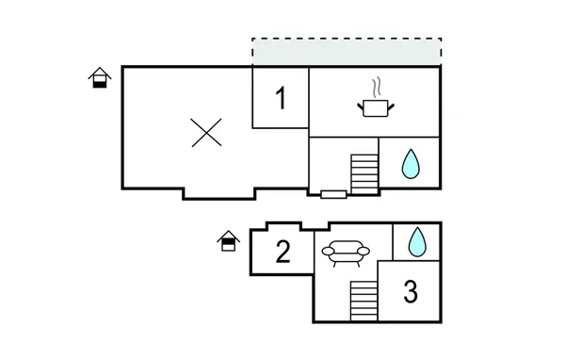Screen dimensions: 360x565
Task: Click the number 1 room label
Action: pos(281,98)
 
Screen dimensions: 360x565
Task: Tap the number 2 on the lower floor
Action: pos(282,253)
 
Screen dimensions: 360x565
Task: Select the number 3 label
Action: pos(410,293)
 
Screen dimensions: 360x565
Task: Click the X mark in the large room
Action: pos(206,133)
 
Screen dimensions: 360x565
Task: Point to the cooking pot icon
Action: pos(376,109)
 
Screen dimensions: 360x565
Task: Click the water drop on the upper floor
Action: pos(410,165)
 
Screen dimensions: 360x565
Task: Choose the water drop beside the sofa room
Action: pos(415,242)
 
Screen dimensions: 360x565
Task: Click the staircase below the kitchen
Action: pos(363,173)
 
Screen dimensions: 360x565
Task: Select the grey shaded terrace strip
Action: pos(347,52)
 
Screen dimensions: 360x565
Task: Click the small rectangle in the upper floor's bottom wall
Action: pos(333,195)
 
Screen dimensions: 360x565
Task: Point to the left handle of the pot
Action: pos(360,106)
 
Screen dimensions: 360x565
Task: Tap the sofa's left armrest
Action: pos(327,252)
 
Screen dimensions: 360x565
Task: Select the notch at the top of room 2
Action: pos(282,226)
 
